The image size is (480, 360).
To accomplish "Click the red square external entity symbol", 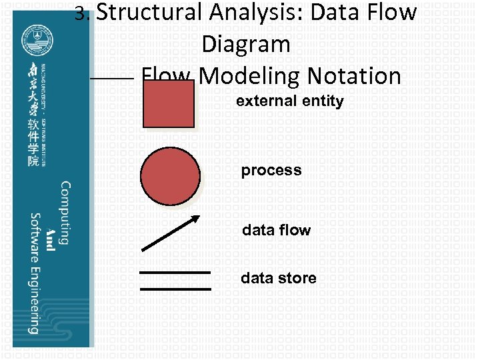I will click(x=169, y=103).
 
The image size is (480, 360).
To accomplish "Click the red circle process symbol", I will click(x=170, y=176).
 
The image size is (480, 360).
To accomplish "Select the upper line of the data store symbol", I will click(x=175, y=273).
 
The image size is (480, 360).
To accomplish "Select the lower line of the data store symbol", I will click(x=175, y=289).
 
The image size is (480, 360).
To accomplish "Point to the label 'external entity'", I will click(x=289, y=101).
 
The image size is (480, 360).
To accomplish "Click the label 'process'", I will click(x=271, y=170).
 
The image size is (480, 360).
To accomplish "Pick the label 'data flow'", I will click(x=276, y=230).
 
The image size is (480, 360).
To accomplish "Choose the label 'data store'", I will click(x=279, y=278).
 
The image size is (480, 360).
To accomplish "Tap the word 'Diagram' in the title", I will click(x=246, y=45).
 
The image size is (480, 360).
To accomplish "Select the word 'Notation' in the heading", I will click(x=354, y=76).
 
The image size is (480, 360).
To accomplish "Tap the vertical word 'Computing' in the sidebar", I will click(x=65, y=213).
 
